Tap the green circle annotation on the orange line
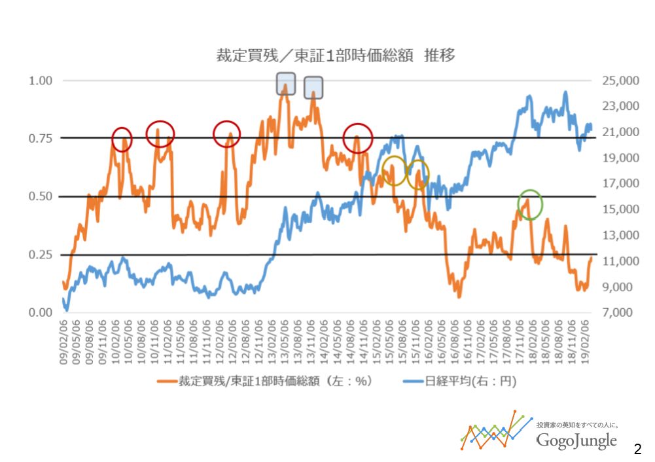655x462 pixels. tap(530, 204)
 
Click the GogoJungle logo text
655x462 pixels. tap(576, 440)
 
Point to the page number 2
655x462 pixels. tap(637, 449)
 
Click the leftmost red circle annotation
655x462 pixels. tap(122, 139)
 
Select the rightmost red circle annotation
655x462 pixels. tap(358, 137)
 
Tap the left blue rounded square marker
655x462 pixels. tap(286, 83)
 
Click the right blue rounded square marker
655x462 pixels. tap(313, 87)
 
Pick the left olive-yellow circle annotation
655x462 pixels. tap(394, 171)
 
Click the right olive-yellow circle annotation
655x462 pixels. tap(417, 174)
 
